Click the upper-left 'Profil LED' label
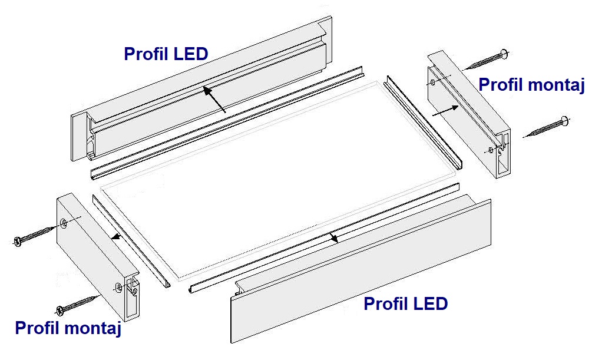166,54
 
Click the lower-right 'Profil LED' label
406,304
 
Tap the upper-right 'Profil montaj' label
531,85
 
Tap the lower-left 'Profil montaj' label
68,328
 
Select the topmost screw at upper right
487,60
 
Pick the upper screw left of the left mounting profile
35,235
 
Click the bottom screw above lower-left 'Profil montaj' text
77,305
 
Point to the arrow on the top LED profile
214,100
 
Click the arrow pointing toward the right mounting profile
445,111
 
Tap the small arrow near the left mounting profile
117,237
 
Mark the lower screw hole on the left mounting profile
118,288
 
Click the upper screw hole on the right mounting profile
433,82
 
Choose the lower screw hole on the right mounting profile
491,150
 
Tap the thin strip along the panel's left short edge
131,241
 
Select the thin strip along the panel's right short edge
423,121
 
